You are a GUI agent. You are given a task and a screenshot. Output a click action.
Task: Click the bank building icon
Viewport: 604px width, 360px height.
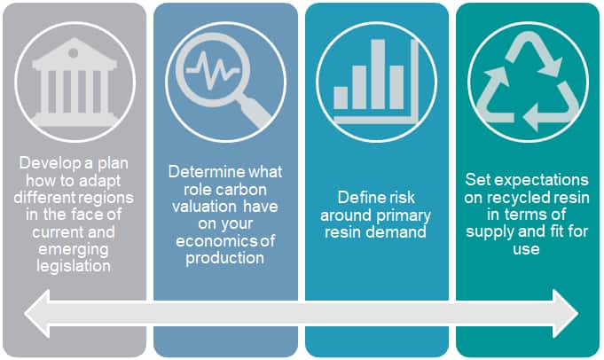click(75, 82)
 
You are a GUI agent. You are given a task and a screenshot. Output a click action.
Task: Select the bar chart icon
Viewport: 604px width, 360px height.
click(376, 81)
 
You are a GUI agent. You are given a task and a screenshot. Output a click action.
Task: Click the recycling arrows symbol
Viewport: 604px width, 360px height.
click(528, 82)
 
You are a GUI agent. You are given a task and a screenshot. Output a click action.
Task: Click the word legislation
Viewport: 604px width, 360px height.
click(74, 266)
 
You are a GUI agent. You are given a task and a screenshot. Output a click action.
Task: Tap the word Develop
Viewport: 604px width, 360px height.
click(50, 163)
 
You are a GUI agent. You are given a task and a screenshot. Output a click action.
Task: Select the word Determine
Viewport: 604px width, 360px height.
click(201, 172)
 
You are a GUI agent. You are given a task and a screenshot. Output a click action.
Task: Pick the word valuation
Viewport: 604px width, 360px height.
click(204, 207)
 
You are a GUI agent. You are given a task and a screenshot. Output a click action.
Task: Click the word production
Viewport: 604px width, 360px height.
click(225, 258)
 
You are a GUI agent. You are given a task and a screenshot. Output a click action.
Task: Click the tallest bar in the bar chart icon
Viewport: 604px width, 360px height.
click(378, 74)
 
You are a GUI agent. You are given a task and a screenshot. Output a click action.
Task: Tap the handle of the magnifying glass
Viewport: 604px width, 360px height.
click(255, 112)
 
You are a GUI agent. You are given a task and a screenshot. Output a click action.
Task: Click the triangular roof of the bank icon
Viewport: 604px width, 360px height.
click(75, 50)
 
